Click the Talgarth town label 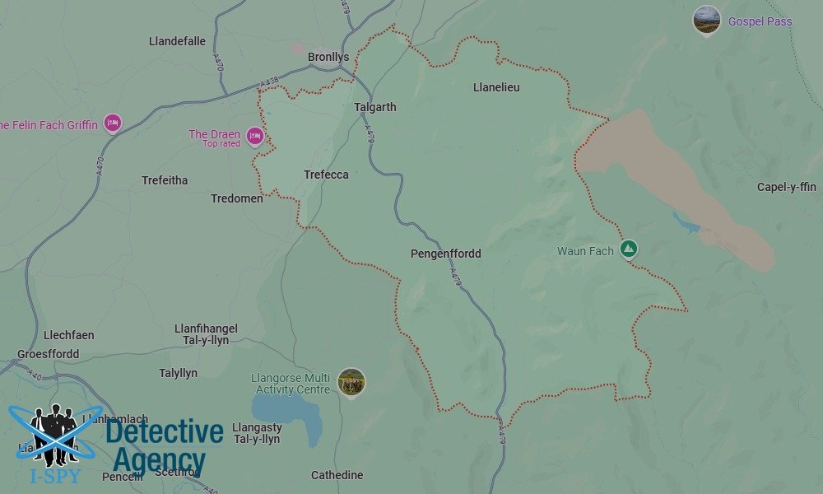click(x=374, y=107)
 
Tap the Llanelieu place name click(x=496, y=87)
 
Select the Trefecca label click(x=326, y=175)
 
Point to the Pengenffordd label click(x=445, y=254)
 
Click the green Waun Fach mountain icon click(x=628, y=248)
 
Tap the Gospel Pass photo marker click(x=706, y=21)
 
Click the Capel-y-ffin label click(x=786, y=187)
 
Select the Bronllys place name click(x=328, y=57)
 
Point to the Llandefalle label click(x=177, y=41)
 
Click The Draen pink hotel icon click(x=255, y=136)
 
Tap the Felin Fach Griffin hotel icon click(x=113, y=124)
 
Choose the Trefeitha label click(x=165, y=180)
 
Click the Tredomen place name click(x=237, y=198)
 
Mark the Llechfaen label click(x=68, y=335)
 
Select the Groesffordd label click(x=48, y=355)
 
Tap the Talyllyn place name click(x=178, y=373)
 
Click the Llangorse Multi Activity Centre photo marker click(x=351, y=382)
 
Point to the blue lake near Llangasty click(x=285, y=408)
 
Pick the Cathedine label click(x=337, y=475)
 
